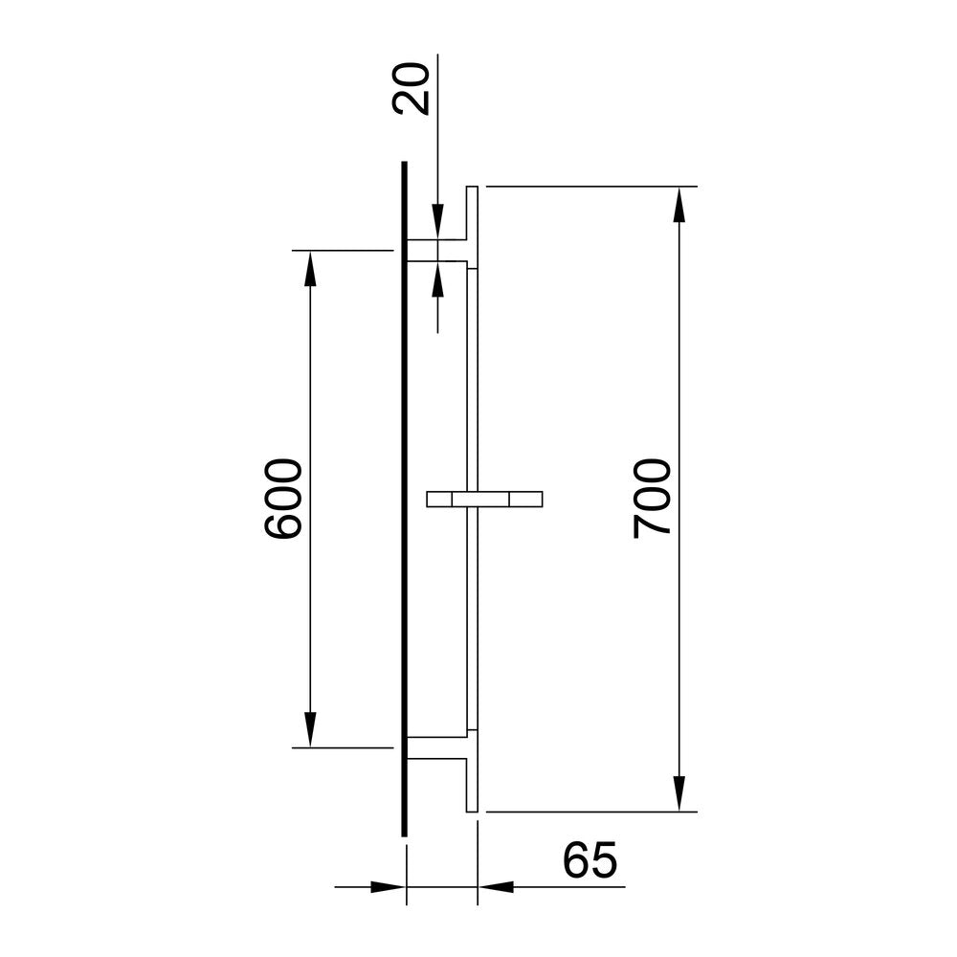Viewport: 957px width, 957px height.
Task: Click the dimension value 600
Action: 283,499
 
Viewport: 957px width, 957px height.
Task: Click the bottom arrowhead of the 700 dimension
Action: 679,793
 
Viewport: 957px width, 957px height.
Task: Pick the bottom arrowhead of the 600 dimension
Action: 309,729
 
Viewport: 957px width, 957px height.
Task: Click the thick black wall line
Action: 405,498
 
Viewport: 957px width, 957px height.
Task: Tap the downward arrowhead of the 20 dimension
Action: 437,224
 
